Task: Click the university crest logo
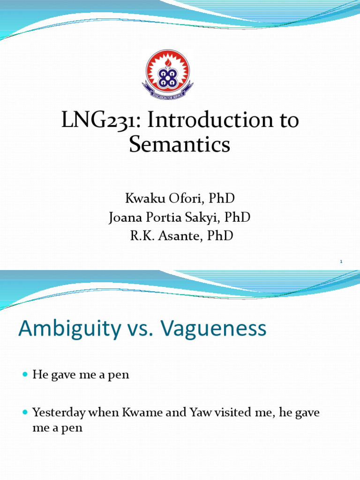point(167,75)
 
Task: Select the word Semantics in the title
point(180,145)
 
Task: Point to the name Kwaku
point(142,198)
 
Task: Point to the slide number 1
point(342,262)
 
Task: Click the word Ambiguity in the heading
point(68,329)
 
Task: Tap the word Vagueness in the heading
point(215,329)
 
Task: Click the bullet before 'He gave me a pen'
point(25,375)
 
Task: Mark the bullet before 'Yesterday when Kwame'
point(25,413)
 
